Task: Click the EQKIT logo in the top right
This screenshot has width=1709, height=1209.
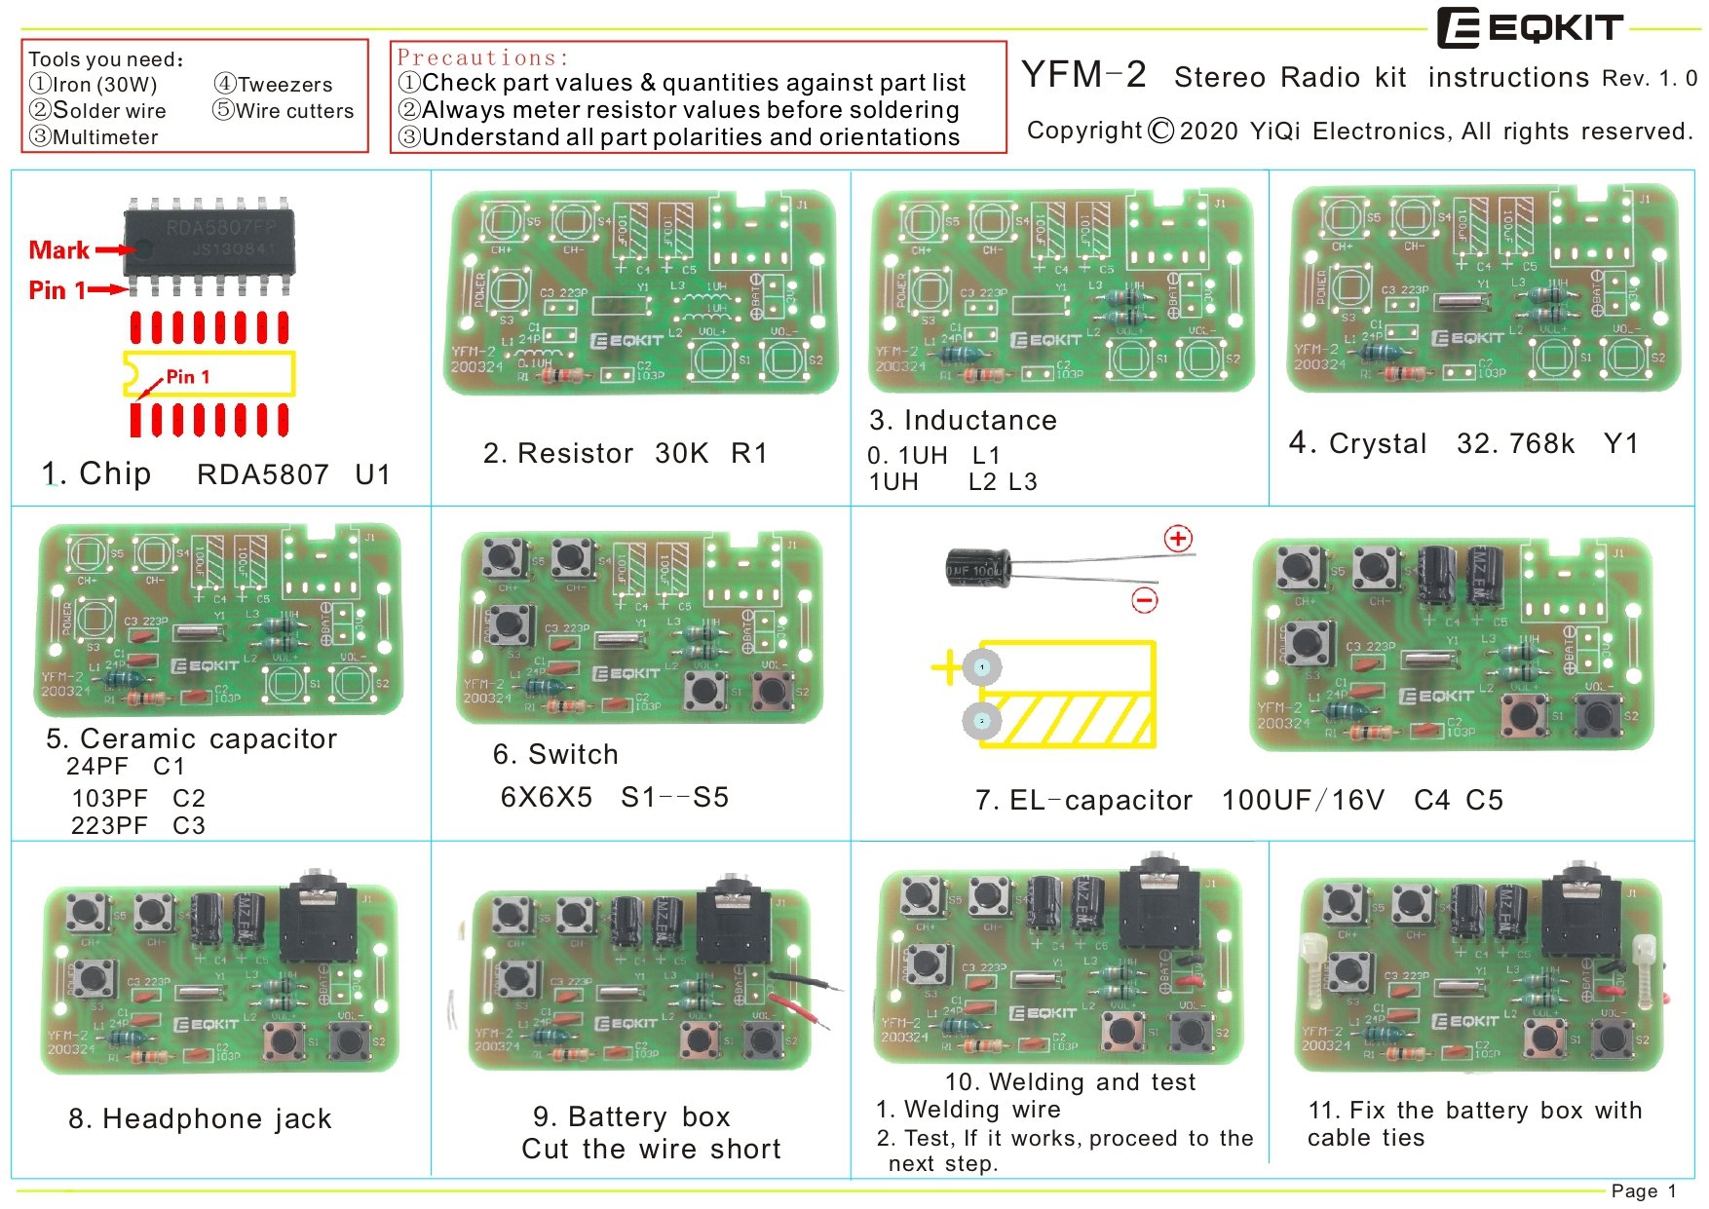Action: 1530,28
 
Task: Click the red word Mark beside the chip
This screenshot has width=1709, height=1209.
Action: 58,250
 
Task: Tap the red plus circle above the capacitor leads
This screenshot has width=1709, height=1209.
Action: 1179,538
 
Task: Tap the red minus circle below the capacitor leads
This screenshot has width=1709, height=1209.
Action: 1145,600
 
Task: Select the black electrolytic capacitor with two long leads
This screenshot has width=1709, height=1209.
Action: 977,568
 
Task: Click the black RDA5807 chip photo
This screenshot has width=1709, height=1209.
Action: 209,242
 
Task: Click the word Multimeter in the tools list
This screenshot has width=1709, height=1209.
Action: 105,137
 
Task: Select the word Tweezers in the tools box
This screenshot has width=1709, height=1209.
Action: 285,85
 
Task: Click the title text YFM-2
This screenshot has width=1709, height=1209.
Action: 1083,75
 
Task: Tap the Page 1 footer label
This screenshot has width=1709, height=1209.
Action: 1644,1190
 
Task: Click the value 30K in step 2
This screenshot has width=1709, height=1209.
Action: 681,453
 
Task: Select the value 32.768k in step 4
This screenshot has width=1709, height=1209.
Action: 1515,444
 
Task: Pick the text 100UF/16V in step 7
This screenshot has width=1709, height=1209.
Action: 1303,801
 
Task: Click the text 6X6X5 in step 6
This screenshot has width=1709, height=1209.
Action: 546,797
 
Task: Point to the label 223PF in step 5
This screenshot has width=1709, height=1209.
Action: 109,826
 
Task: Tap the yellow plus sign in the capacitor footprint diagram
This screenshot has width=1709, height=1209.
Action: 946,668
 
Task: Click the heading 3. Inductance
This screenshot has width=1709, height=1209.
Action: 963,420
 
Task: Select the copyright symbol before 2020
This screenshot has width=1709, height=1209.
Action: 1160,131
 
